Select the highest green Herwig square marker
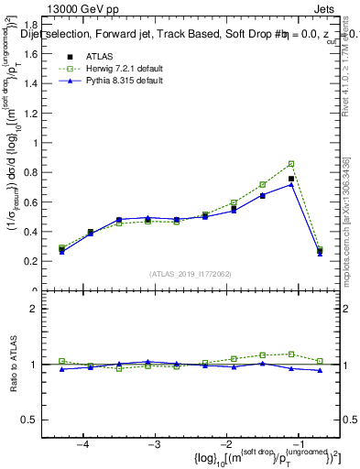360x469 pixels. click(291, 164)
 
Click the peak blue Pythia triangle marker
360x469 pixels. click(291, 184)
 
